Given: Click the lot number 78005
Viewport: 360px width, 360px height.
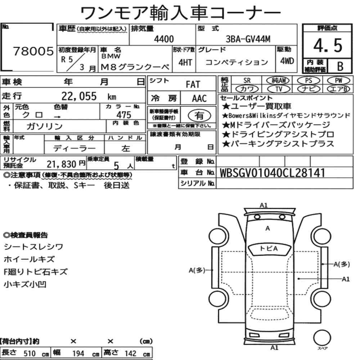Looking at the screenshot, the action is click(33, 51).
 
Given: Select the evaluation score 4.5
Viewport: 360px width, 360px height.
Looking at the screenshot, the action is click(328, 45).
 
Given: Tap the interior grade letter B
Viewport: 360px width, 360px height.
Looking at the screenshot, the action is click(340, 66).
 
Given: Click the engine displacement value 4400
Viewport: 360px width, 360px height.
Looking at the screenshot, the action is click(164, 39).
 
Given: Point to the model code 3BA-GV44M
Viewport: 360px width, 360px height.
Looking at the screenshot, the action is click(248, 39).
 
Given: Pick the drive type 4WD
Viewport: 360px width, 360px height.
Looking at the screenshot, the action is click(287, 61).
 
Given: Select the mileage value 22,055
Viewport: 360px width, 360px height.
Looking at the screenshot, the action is click(79, 96).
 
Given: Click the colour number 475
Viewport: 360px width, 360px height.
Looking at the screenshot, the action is click(124, 114).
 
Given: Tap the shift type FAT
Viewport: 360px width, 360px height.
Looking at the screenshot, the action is click(193, 84).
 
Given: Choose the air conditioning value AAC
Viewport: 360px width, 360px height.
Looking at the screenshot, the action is click(199, 98).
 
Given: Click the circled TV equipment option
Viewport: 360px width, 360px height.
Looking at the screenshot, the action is click(279, 89).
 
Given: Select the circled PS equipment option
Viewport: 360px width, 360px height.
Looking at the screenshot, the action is click(309, 81).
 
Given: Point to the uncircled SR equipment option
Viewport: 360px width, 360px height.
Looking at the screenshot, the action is click(247, 81).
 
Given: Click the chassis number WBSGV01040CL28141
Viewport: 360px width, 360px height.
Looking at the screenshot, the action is click(272, 173).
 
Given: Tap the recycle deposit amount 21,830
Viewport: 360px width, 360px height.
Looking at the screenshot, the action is click(61, 164).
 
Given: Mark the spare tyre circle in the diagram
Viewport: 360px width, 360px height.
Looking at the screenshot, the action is click(322, 338).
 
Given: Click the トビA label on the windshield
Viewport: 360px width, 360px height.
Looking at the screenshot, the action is click(269, 248).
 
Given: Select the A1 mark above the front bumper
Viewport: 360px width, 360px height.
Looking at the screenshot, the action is click(264, 205).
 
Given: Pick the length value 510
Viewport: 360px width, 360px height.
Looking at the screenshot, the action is click(30, 354).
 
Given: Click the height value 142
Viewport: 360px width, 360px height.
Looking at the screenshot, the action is click(130, 354).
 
